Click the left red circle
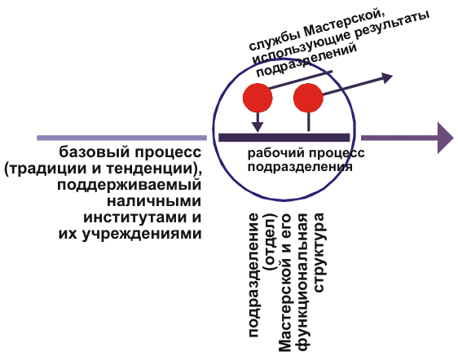tap(258, 98)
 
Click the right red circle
tap(308, 98)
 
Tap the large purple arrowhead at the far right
tap(445, 138)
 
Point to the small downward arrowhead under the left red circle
tap(258, 127)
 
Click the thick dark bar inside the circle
tap(284, 138)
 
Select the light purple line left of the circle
tap(121, 138)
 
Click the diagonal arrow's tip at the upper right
tap(392, 75)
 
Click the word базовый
tap(94, 152)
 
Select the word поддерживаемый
tap(129, 186)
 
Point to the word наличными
tap(154, 201)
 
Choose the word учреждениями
tap(141, 234)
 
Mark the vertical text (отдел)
tap(271, 243)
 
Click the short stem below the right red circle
tap(308, 121)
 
